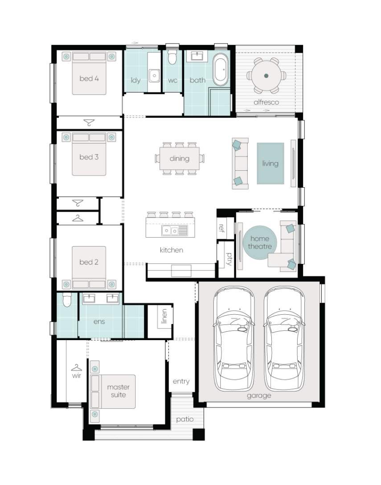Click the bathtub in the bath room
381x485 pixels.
221,70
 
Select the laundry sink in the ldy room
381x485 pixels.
154,76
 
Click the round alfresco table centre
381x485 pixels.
266,75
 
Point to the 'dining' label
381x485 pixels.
180,159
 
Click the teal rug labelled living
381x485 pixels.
270,163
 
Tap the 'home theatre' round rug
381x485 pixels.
259,242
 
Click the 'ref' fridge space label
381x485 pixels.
221,228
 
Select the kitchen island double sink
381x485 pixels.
170,230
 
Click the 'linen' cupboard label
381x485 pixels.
164,316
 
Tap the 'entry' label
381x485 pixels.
181,382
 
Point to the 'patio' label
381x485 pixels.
184,419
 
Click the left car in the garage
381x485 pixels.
234,338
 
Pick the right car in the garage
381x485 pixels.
284,338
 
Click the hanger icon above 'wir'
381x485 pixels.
76,368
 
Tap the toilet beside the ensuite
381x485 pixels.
67,300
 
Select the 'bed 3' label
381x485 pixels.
89,157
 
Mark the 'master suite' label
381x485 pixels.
118,391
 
